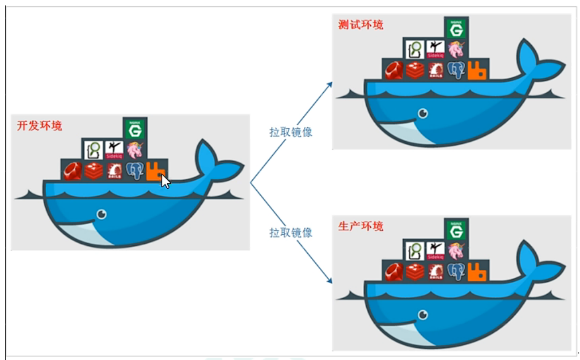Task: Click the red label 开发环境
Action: [x=39, y=126]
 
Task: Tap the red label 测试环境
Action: [x=360, y=25]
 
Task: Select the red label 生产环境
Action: [x=360, y=226]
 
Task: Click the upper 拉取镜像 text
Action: [x=291, y=132]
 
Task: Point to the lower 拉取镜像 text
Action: [x=291, y=232]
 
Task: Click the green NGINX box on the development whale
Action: [x=135, y=129]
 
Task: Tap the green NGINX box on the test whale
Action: [x=456, y=28]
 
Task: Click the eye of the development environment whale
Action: [x=101, y=214]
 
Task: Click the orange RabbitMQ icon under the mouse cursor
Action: [x=155, y=171]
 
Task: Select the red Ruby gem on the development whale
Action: [x=73, y=171]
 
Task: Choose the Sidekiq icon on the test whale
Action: [x=435, y=48]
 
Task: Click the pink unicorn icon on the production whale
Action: [x=456, y=250]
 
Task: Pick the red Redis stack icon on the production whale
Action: [x=415, y=272]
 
